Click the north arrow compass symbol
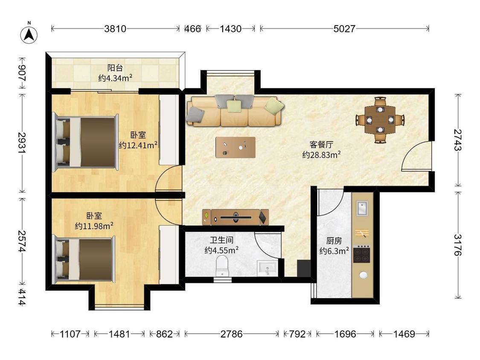pos(29,35)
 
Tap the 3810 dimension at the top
pos(115,29)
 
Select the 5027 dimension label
pos(344,29)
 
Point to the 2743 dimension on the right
pos(458,140)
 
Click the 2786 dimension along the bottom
pos(232,334)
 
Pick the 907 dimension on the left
pos(22,73)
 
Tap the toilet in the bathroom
pos(222,266)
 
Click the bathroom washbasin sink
pos(267,268)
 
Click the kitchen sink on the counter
pos(362,209)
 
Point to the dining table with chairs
pos(380,120)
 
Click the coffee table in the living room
pos(236,147)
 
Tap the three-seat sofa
pos(235,111)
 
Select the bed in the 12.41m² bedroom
pos(85,142)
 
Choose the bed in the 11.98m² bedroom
pos(84,260)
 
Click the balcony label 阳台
pos(115,68)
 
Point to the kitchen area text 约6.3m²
pos(334,251)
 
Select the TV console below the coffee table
pos(236,217)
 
